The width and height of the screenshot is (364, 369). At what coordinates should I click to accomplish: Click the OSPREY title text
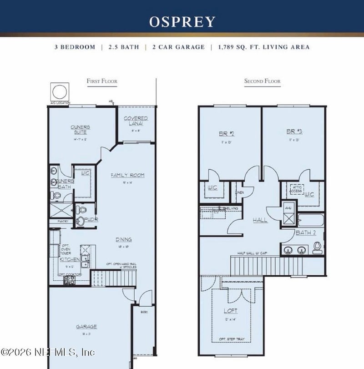(182, 21)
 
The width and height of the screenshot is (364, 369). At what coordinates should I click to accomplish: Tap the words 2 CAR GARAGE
(178, 47)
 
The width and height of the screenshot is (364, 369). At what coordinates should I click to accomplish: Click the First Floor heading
(102, 81)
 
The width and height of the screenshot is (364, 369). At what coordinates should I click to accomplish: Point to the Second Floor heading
(262, 81)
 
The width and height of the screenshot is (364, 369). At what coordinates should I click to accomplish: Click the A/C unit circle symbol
(60, 92)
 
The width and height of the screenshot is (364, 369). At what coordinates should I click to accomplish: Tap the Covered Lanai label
(136, 121)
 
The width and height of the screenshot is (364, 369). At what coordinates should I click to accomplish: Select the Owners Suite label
(80, 129)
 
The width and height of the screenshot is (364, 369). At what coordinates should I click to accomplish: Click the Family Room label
(127, 175)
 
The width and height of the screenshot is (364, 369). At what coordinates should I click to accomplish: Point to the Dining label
(123, 239)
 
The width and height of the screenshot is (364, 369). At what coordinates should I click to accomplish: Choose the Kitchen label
(70, 259)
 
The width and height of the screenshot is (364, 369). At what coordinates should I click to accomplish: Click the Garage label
(86, 326)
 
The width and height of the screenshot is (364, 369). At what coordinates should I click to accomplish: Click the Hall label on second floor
(260, 220)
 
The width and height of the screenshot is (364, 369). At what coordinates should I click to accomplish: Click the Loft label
(230, 311)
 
